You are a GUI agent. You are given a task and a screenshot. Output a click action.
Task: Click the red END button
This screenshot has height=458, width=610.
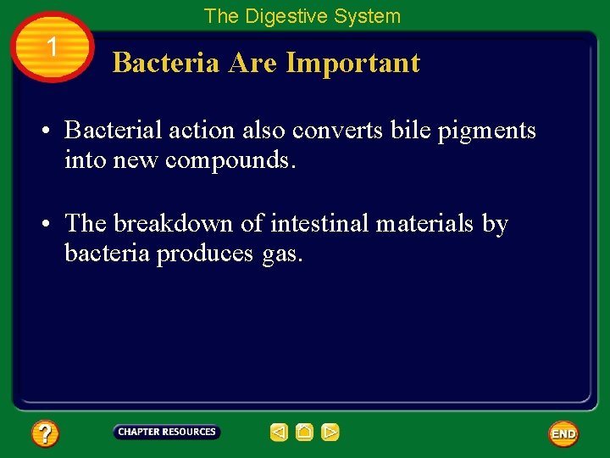pos(563,433)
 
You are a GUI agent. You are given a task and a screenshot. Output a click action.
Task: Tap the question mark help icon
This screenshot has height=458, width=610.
pos(45,434)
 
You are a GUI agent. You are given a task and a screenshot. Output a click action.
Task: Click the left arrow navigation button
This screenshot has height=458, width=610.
pos(279,433)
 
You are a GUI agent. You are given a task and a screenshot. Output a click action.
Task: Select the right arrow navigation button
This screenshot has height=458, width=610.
pos(330,433)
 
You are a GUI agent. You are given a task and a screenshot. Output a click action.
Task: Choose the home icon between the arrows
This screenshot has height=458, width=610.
pos(305,433)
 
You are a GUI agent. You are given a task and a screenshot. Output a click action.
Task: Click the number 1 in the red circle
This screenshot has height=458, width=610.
pos(53,47)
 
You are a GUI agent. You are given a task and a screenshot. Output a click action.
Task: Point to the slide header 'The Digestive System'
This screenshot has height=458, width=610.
pos(302,16)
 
